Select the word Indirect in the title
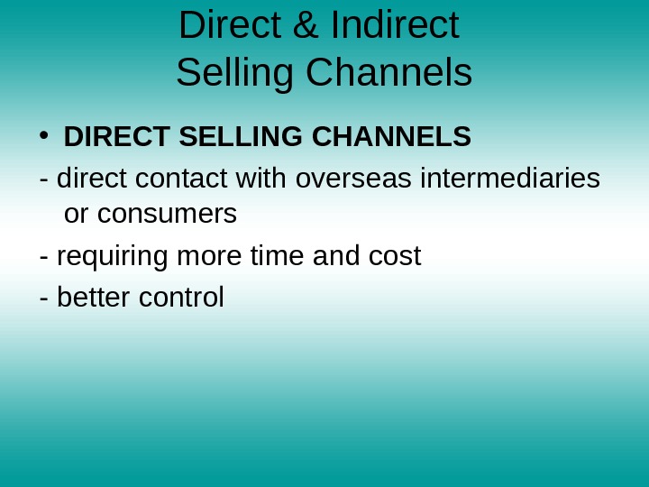pyautogui.click(x=395, y=25)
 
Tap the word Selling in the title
pyautogui.click(x=236, y=73)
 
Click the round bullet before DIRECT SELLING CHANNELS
pyautogui.click(x=42, y=136)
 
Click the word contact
pyautogui.click(x=183, y=179)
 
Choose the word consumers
pyautogui.click(x=167, y=215)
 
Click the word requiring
pyautogui.click(x=114, y=257)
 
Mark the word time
pyautogui.click(x=277, y=256)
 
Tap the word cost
pyautogui.click(x=395, y=256)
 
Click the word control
pyautogui.click(x=181, y=297)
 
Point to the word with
pyautogui.click(x=261, y=179)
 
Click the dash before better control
pyautogui.click(x=44, y=298)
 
